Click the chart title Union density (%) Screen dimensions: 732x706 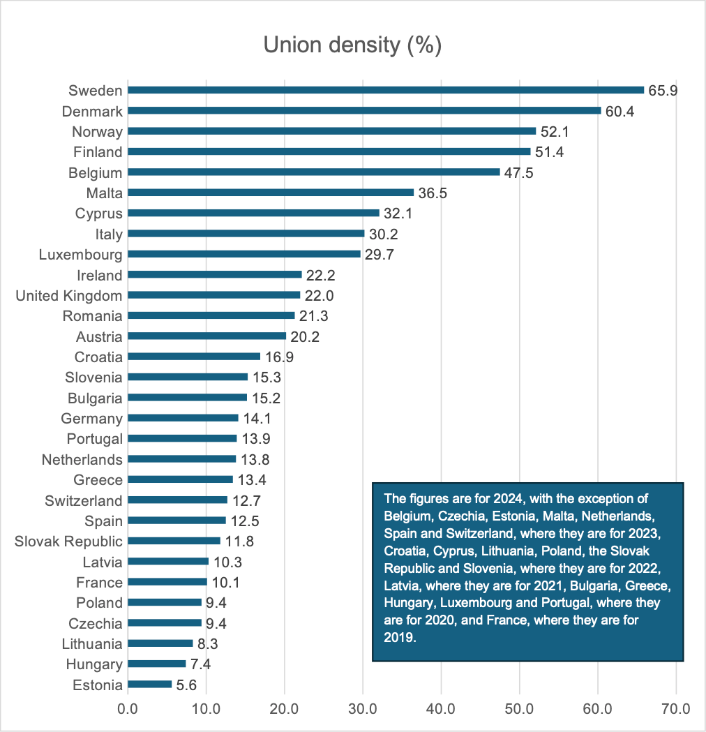click(352, 45)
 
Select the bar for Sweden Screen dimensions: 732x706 click(386, 90)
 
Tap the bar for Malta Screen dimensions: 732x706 click(271, 193)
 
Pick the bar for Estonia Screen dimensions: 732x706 click(149, 685)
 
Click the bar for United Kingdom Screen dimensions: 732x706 click(213, 295)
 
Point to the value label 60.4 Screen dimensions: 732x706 click(619, 111)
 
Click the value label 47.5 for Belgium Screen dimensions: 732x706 click(519, 172)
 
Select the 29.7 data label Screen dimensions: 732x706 click(380, 254)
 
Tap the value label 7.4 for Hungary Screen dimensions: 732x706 click(201, 664)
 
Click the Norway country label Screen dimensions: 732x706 click(97, 131)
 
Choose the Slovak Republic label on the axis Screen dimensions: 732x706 click(68, 541)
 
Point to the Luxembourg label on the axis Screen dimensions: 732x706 click(80, 254)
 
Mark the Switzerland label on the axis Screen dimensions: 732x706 click(83, 500)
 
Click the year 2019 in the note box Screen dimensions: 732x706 click(399, 637)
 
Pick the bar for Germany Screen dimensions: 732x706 click(183, 418)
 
